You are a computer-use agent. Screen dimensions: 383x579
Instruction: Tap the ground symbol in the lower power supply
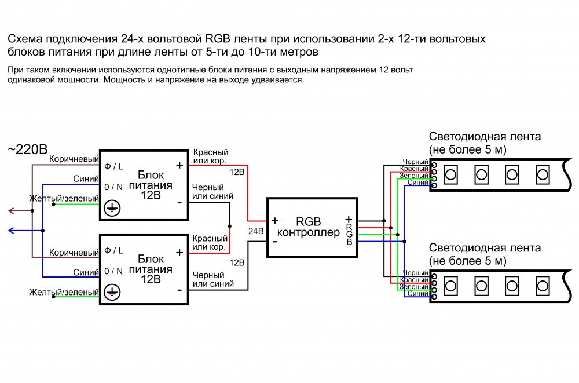pyautogui.click(x=112, y=293)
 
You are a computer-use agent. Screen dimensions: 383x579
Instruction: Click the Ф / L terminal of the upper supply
pyautogui.click(x=113, y=166)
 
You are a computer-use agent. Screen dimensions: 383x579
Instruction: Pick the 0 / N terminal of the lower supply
pyautogui.click(x=113, y=271)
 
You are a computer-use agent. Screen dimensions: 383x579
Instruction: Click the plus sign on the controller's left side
pyautogui.click(x=274, y=221)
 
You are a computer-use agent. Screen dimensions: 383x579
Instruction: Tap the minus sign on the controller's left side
pyautogui.click(x=274, y=242)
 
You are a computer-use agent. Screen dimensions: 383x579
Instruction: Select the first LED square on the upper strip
pyautogui.click(x=450, y=173)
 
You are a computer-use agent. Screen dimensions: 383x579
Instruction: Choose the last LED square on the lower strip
pyautogui.click(x=542, y=284)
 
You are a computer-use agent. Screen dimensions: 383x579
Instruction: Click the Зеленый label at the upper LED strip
pyautogui.click(x=414, y=176)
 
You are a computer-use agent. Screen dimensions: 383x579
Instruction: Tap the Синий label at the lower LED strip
pyautogui.click(x=417, y=294)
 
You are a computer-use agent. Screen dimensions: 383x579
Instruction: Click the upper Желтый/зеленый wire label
pyautogui.click(x=64, y=199)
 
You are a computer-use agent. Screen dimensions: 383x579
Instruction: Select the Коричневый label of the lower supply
pyautogui.click(x=74, y=253)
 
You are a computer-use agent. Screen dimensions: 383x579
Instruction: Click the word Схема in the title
pyautogui.click(x=23, y=39)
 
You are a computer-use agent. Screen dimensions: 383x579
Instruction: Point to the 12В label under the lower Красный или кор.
pyautogui.click(x=237, y=262)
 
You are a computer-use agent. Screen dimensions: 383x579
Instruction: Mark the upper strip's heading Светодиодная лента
pyautogui.click(x=485, y=137)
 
